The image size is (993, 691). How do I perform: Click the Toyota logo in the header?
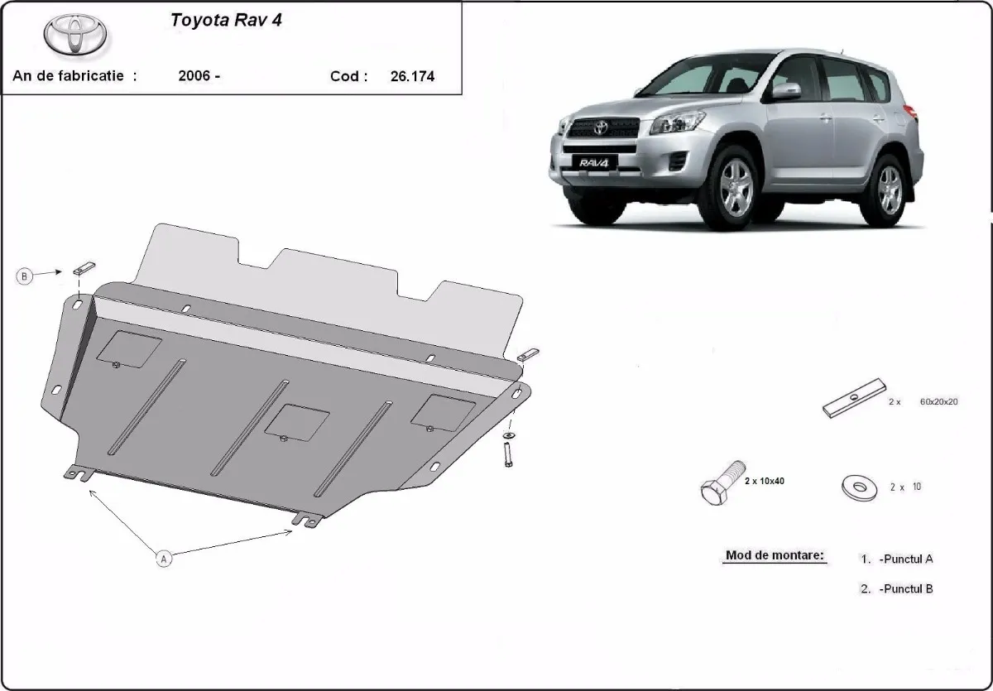[x=75, y=35]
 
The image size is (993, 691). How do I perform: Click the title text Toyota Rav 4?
[x=226, y=21]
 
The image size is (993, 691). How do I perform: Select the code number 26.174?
[x=411, y=76]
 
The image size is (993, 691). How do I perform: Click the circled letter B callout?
[x=25, y=276]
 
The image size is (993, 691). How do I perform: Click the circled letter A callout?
[x=164, y=559]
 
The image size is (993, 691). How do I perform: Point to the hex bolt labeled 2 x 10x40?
[x=719, y=487]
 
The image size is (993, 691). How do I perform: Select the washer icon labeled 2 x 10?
[x=859, y=487]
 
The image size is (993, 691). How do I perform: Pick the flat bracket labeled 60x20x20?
[x=854, y=398]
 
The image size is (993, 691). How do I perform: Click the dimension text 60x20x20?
[x=938, y=401]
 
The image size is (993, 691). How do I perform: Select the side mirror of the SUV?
[x=786, y=91]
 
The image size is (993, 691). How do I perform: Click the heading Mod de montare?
[x=775, y=555]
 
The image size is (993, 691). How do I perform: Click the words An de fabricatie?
[x=68, y=76]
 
